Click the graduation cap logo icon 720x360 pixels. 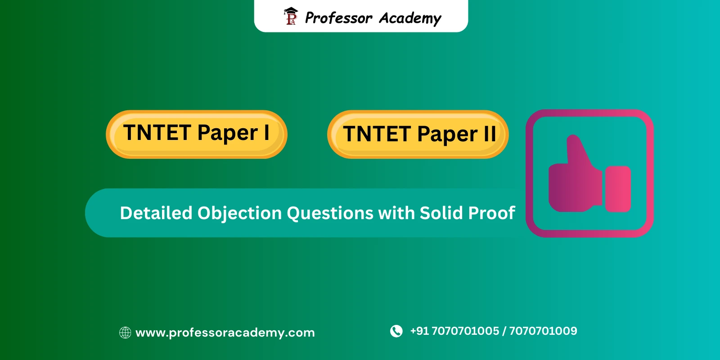pyautogui.click(x=291, y=16)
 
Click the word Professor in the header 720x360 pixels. pyautogui.click(x=338, y=18)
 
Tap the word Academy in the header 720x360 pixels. pyautogui.click(x=410, y=18)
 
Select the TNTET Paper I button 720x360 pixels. pyautogui.click(x=197, y=134)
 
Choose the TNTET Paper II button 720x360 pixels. pyautogui.click(x=418, y=134)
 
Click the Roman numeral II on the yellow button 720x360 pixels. pyautogui.click(x=490, y=134)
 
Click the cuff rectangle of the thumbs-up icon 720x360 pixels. pyautogui.click(x=618, y=189)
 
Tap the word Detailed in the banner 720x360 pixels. pyautogui.click(x=156, y=213)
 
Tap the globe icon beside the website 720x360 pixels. pyautogui.click(x=125, y=333)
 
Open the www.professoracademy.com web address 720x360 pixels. pyautogui.click(x=225, y=333)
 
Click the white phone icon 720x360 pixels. pyautogui.click(x=396, y=331)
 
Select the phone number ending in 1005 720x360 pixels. pyautogui.click(x=465, y=331)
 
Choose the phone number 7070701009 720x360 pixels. pyautogui.click(x=543, y=331)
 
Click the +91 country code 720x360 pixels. pyautogui.click(x=419, y=331)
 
